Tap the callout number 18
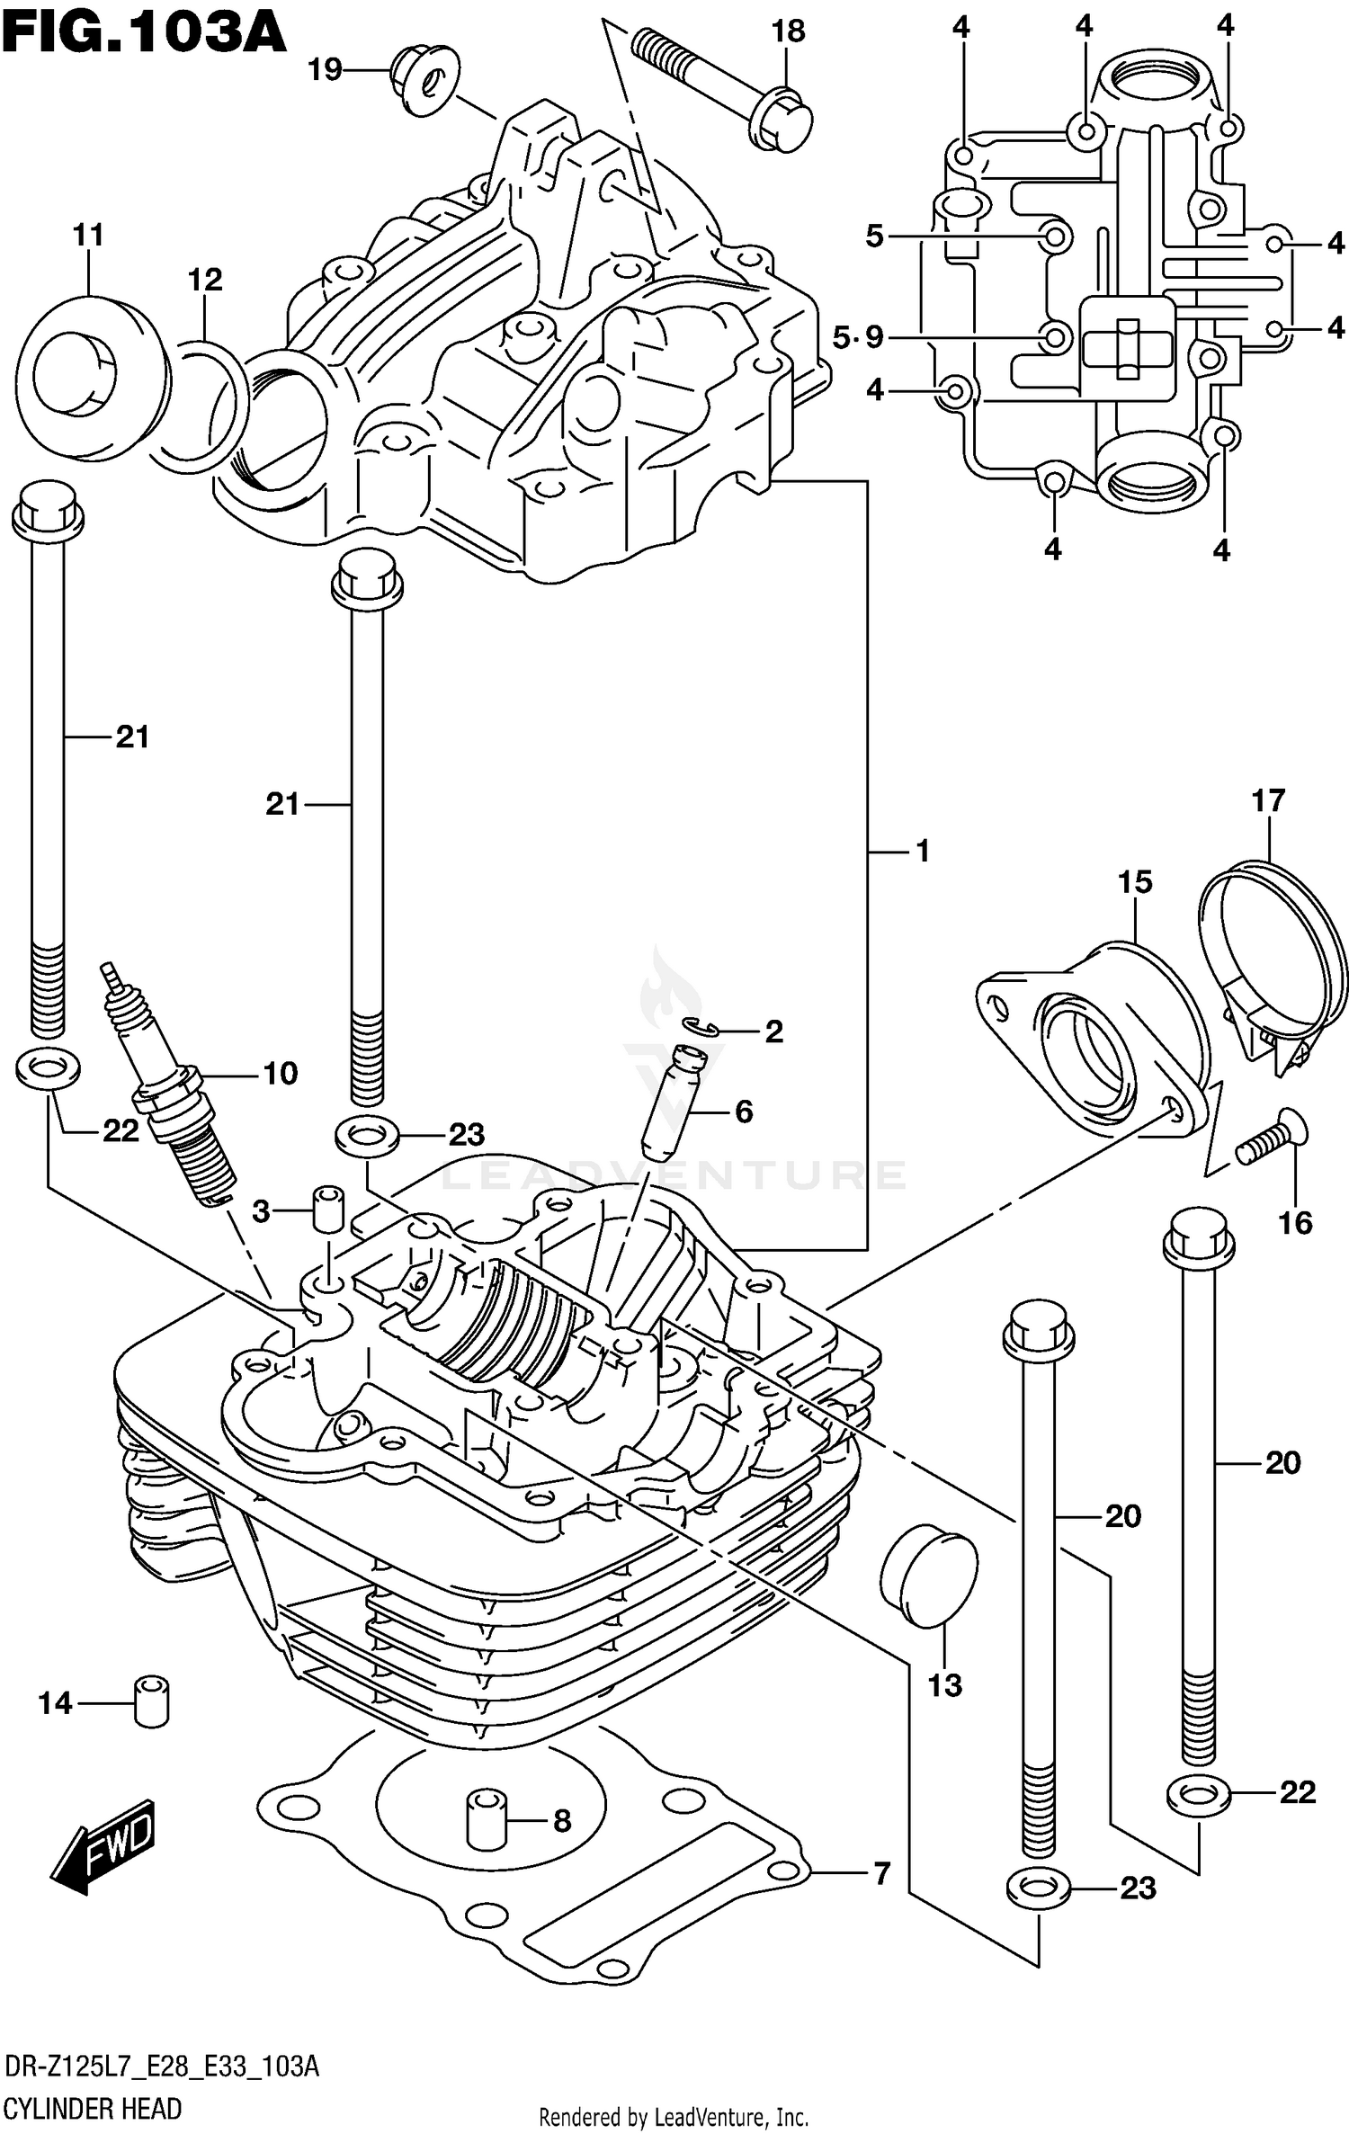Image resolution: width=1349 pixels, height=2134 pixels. (x=788, y=31)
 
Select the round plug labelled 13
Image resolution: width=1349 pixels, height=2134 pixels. (x=929, y=1578)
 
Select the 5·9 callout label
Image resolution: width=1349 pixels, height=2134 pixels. (x=858, y=338)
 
